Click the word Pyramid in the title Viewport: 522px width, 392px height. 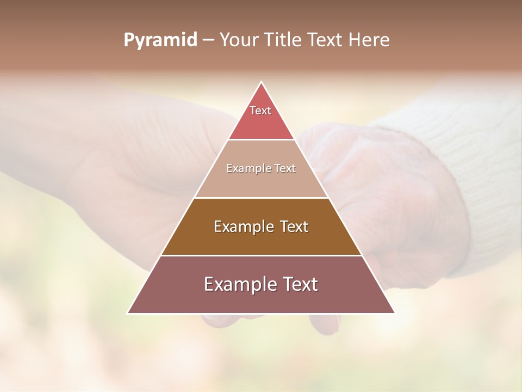[160, 40]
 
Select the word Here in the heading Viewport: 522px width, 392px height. [369, 40]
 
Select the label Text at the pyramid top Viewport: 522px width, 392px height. [260, 111]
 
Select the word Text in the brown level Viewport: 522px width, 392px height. [294, 226]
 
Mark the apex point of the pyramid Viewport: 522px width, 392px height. [261, 82]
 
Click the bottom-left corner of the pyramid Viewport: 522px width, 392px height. [128, 313]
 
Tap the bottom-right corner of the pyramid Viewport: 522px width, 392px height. [394, 313]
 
